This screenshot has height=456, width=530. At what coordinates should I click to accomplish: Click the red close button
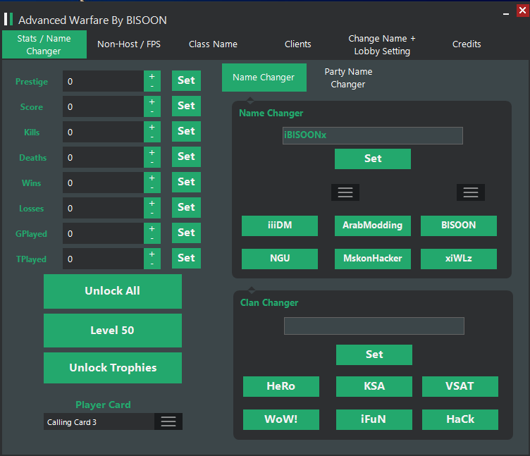point(522,11)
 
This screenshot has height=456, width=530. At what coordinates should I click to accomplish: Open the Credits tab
point(467,44)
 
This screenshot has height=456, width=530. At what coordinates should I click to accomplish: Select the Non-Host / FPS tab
point(129,44)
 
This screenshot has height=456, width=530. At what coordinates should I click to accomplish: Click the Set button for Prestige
point(186,81)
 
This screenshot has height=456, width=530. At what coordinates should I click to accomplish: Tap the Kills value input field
point(103,132)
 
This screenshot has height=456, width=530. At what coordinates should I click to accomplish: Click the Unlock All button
point(113,291)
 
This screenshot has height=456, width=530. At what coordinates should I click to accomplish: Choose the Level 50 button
point(113,331)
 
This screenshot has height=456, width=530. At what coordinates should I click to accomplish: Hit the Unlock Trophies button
point(113,368)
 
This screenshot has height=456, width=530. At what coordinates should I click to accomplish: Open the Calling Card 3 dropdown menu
point(168,421)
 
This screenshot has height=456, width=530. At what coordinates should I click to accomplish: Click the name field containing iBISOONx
point(373,135)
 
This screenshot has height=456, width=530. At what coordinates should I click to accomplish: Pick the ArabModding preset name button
point(373,226)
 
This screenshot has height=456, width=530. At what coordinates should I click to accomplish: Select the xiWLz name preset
point(459,259)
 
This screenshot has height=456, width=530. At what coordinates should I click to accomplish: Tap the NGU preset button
point(280,259)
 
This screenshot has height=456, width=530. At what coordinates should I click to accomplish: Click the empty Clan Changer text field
point(374,326)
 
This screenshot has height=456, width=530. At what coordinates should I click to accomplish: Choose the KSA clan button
point(374,386)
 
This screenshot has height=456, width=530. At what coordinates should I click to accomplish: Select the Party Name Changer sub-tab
point(348,78)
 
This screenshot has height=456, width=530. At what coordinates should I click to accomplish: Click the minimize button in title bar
point(506,14)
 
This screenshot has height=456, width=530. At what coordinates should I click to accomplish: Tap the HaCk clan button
point(460,419)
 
